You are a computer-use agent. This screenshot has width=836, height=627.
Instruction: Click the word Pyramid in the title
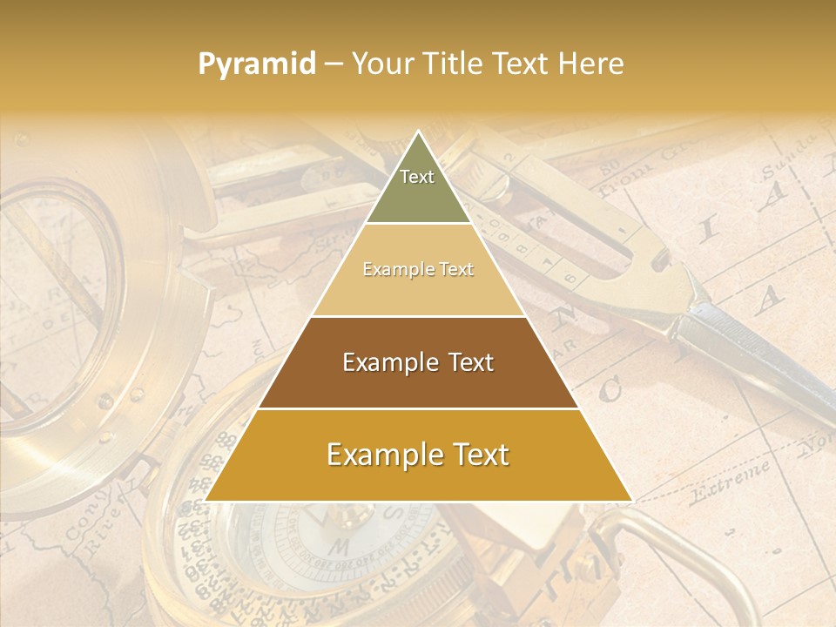(256, 64)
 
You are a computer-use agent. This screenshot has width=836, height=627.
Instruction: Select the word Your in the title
(384, 64)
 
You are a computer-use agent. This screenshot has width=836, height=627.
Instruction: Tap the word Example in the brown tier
(386, 362)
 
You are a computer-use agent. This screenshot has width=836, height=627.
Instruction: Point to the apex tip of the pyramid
(418, 133)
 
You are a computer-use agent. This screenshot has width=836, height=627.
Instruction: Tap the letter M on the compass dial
(341, 547)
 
